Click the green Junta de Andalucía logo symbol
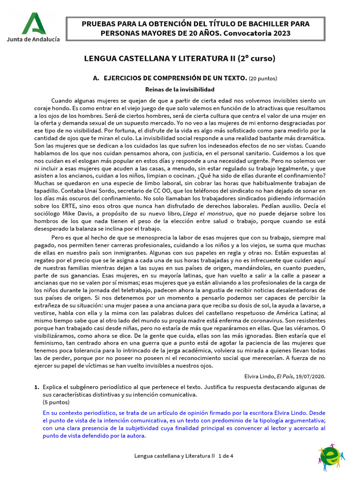[x=33, y=23]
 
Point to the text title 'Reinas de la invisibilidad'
[x=180, y=89]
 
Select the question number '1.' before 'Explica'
[x=36, y=387]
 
